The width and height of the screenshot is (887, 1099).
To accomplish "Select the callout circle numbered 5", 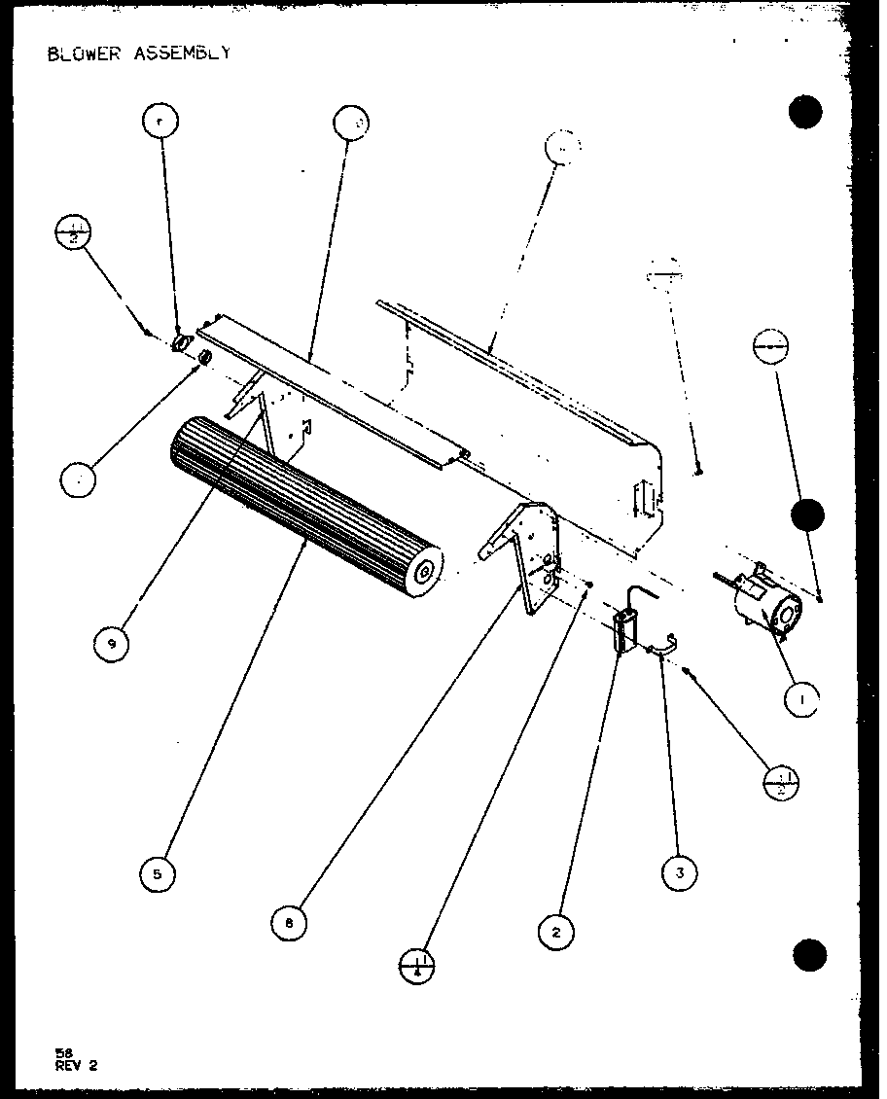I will (x=158, y=873).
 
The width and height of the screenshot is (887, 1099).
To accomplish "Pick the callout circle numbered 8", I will (x=289, y=922).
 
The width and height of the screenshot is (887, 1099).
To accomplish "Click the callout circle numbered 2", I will (x=555, y=932).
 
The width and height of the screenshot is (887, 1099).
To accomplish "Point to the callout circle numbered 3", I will (x=680, y=872).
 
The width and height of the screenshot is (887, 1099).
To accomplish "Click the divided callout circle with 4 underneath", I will (x=418, y=966).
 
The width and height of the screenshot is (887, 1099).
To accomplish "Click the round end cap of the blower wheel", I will (x=424, y=571).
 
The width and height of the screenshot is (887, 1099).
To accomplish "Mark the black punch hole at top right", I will (x=806, y=112).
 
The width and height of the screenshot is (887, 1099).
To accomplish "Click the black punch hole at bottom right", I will (x=808, y=956).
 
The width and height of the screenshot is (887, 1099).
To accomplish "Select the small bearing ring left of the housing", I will (x=205, y=359).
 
